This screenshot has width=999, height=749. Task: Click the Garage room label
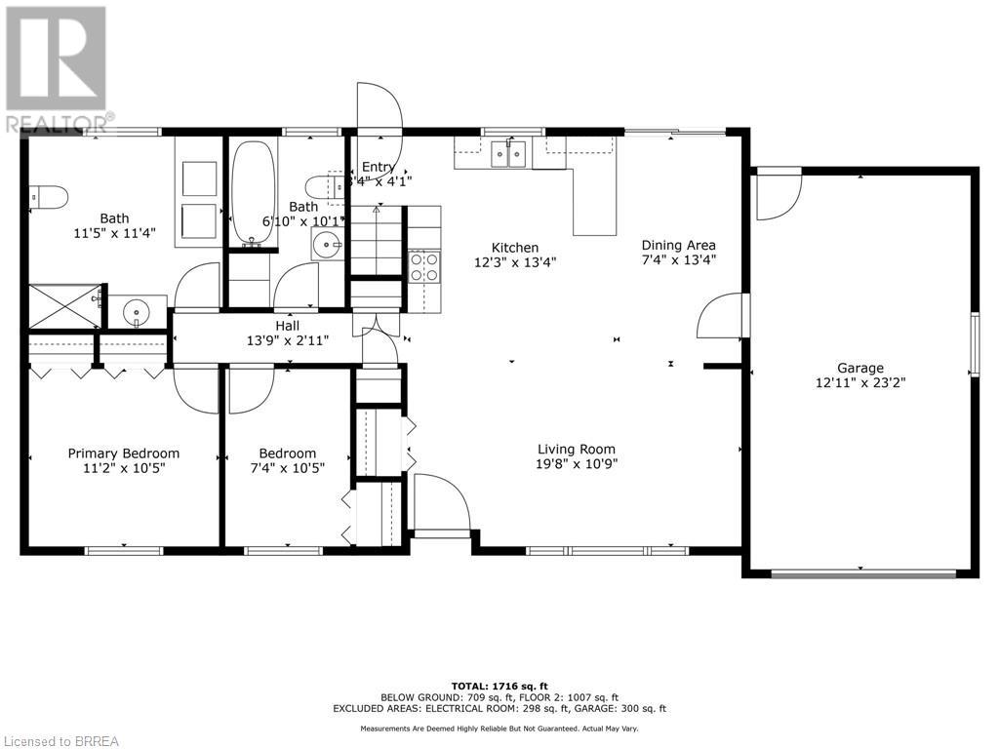859,368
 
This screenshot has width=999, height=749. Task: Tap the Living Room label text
577,449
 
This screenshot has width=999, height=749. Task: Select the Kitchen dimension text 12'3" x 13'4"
515,262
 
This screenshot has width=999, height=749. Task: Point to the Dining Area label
678,245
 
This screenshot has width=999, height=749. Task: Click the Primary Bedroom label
123,453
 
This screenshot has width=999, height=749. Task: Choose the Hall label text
287,326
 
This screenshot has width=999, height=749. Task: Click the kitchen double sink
508,152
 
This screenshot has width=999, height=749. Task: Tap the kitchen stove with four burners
423,265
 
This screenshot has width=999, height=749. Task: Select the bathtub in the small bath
254,193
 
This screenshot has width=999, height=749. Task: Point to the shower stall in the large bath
63,307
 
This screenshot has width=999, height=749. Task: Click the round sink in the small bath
327,245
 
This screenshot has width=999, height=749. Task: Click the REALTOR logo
56,68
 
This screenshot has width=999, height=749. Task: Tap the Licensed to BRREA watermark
60,740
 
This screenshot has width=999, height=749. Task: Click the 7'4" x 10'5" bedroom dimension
287,468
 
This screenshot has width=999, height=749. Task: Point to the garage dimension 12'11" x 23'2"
859,383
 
